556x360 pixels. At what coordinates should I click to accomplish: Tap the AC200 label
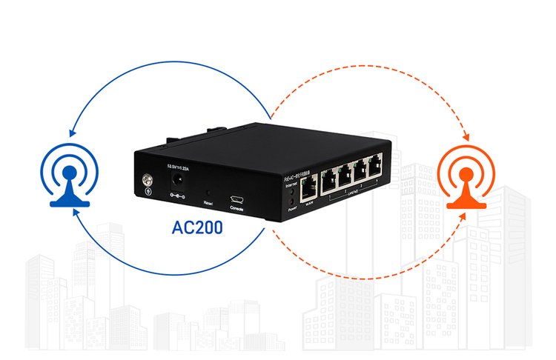(196, 227)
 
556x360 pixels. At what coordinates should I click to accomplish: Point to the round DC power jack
(178, 179)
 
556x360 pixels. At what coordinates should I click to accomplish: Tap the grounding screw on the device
(147, 179)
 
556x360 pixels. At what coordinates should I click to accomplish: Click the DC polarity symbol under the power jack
(178, 196)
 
